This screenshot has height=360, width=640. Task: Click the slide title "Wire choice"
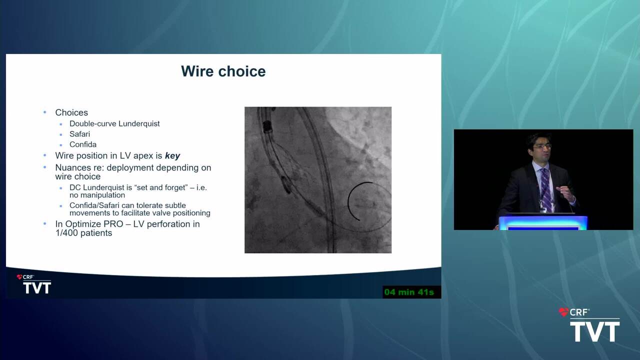click(x=223, y=71)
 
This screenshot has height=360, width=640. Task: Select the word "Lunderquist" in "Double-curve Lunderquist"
click(x=139, y=123)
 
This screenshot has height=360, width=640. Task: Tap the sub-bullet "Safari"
click(x=79, y=134)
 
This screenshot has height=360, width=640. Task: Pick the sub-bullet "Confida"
click(x=83, y=144)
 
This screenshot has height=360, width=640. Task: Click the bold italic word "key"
click(x=172, y=155)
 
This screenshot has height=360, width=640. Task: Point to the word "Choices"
click(x=71, y=112)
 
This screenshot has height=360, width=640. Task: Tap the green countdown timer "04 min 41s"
click(x=409, y=292)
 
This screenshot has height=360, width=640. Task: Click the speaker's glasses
click(x=541, y=146)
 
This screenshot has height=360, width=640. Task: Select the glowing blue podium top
click(x=543, y=221)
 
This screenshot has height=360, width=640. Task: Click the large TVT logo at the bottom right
click(x=590, y=325)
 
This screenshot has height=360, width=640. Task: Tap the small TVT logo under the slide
click(x=34, y=284)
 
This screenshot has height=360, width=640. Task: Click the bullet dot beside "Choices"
click(x=44, y=112)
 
